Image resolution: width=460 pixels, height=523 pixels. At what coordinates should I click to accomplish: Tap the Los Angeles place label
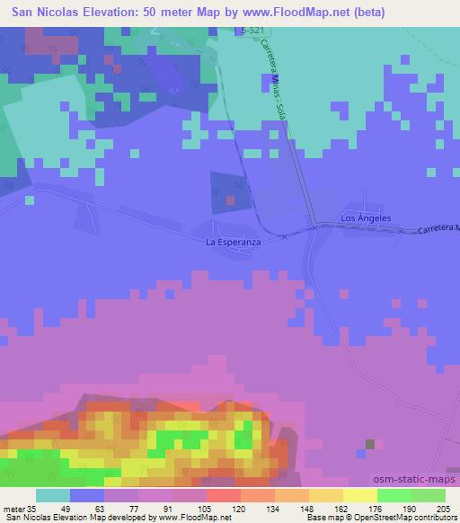(x=366, y=218)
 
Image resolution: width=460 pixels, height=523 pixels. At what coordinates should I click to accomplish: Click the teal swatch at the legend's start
(x=52, y=495)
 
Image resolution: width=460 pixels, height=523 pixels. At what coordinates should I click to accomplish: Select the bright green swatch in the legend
(x=394, y=495)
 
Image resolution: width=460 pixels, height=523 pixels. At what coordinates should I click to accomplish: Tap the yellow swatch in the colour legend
(x=359, y=495)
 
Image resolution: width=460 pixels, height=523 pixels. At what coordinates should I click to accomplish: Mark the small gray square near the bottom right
(x=369, y=444)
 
